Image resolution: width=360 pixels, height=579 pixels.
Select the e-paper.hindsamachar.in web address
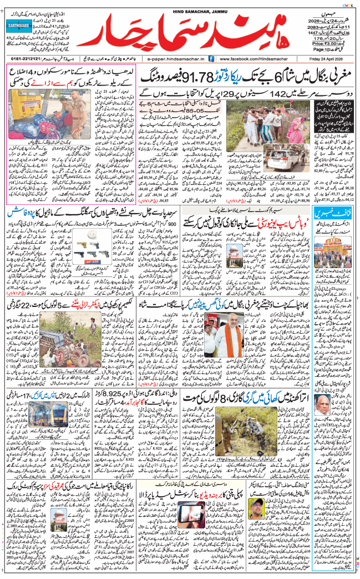click(x=172, y=58)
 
